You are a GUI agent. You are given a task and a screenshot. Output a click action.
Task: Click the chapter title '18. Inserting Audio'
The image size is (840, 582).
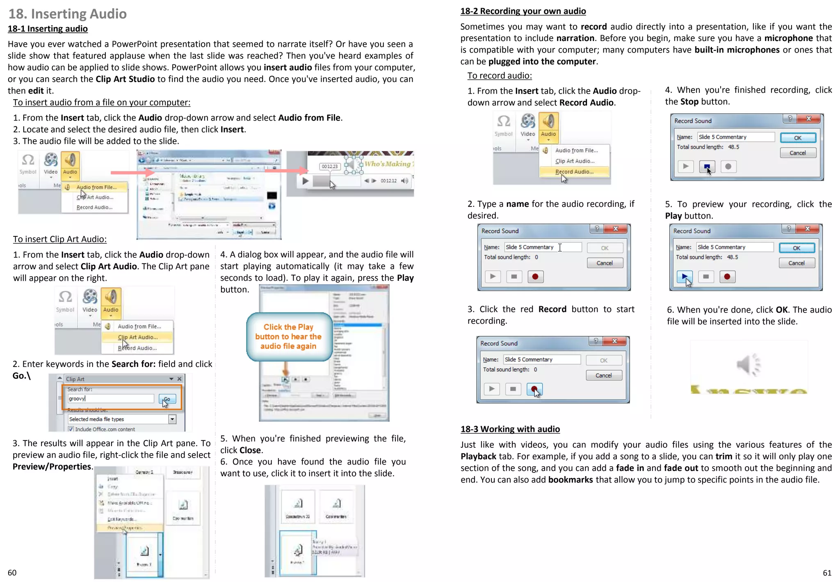coord(68,14)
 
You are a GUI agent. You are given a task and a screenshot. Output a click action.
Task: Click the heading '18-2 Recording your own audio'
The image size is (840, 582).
coord(523,11)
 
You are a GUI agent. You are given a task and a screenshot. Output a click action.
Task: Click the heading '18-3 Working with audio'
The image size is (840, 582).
coord(510,429)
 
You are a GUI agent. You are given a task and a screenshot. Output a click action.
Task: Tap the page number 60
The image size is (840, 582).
coord(12,573)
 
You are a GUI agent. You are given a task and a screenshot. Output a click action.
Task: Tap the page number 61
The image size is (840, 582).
coord(827,573)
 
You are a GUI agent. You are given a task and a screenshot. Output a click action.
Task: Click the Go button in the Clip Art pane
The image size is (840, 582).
coord(167,399)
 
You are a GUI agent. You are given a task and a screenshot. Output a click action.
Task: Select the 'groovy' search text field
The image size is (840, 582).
coord(111,399)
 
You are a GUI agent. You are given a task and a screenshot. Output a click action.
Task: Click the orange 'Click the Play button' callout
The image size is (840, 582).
coord(288,337)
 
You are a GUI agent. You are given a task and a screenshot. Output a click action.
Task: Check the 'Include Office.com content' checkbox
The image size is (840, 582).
coord(71,429)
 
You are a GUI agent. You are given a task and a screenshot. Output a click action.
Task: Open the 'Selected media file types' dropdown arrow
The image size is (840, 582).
coord(172,419)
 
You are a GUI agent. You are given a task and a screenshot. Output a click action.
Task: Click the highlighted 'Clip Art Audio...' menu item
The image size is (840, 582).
coord(137,337)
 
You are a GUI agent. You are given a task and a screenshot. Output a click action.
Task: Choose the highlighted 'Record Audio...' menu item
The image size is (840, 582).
coord(574,172)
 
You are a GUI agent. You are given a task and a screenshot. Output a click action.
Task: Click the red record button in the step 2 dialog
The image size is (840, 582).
coord(535,277)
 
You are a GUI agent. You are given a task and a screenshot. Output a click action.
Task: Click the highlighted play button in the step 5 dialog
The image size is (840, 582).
coord(685,277)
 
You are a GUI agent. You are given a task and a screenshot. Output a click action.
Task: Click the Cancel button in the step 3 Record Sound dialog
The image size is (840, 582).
coord(604,375)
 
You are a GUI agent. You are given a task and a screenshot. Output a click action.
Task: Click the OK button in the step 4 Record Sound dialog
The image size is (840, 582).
coord(798,138)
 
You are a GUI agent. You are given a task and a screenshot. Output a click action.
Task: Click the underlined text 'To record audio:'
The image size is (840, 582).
coord(500,76)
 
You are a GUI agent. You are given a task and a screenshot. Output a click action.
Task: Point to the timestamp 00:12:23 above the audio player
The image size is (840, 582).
coord(330,166)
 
